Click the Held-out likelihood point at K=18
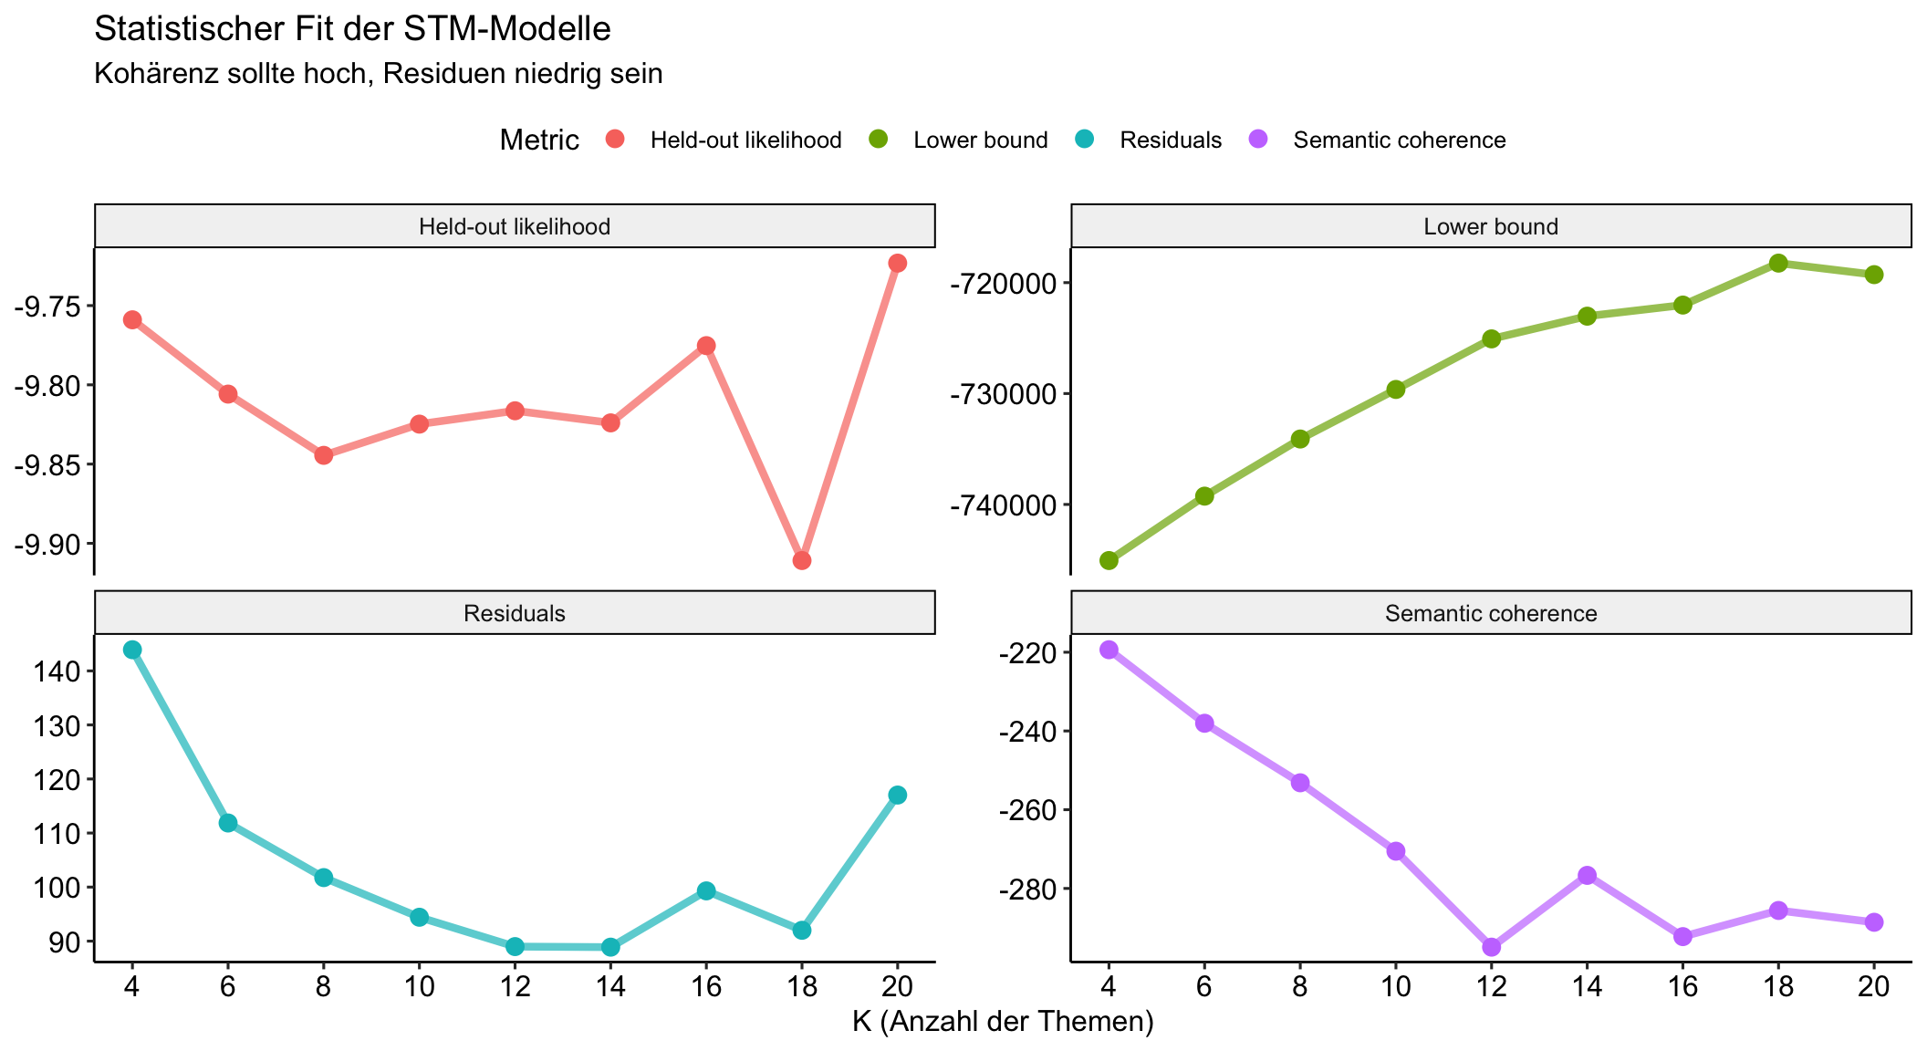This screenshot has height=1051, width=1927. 801,559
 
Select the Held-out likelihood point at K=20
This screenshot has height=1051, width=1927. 897,263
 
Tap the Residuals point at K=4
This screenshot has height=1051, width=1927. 132,650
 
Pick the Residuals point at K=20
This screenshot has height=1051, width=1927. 897,795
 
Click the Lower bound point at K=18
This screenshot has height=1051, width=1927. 1777,263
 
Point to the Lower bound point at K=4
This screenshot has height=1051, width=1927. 1109,559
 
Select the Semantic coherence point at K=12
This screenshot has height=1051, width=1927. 1491,947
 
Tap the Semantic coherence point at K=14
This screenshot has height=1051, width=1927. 1587,875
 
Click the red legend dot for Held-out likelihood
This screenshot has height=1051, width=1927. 616,140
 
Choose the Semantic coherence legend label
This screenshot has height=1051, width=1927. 1399,140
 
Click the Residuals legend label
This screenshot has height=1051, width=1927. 1171,140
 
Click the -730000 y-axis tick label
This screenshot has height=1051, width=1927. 1002,394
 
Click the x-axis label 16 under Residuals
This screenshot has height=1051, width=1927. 705,987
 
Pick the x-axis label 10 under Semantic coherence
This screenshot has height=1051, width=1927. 1395,987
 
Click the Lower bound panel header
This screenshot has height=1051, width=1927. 1490,226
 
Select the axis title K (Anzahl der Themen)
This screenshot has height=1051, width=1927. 1003,1022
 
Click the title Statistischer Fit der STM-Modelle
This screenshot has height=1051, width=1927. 352,29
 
